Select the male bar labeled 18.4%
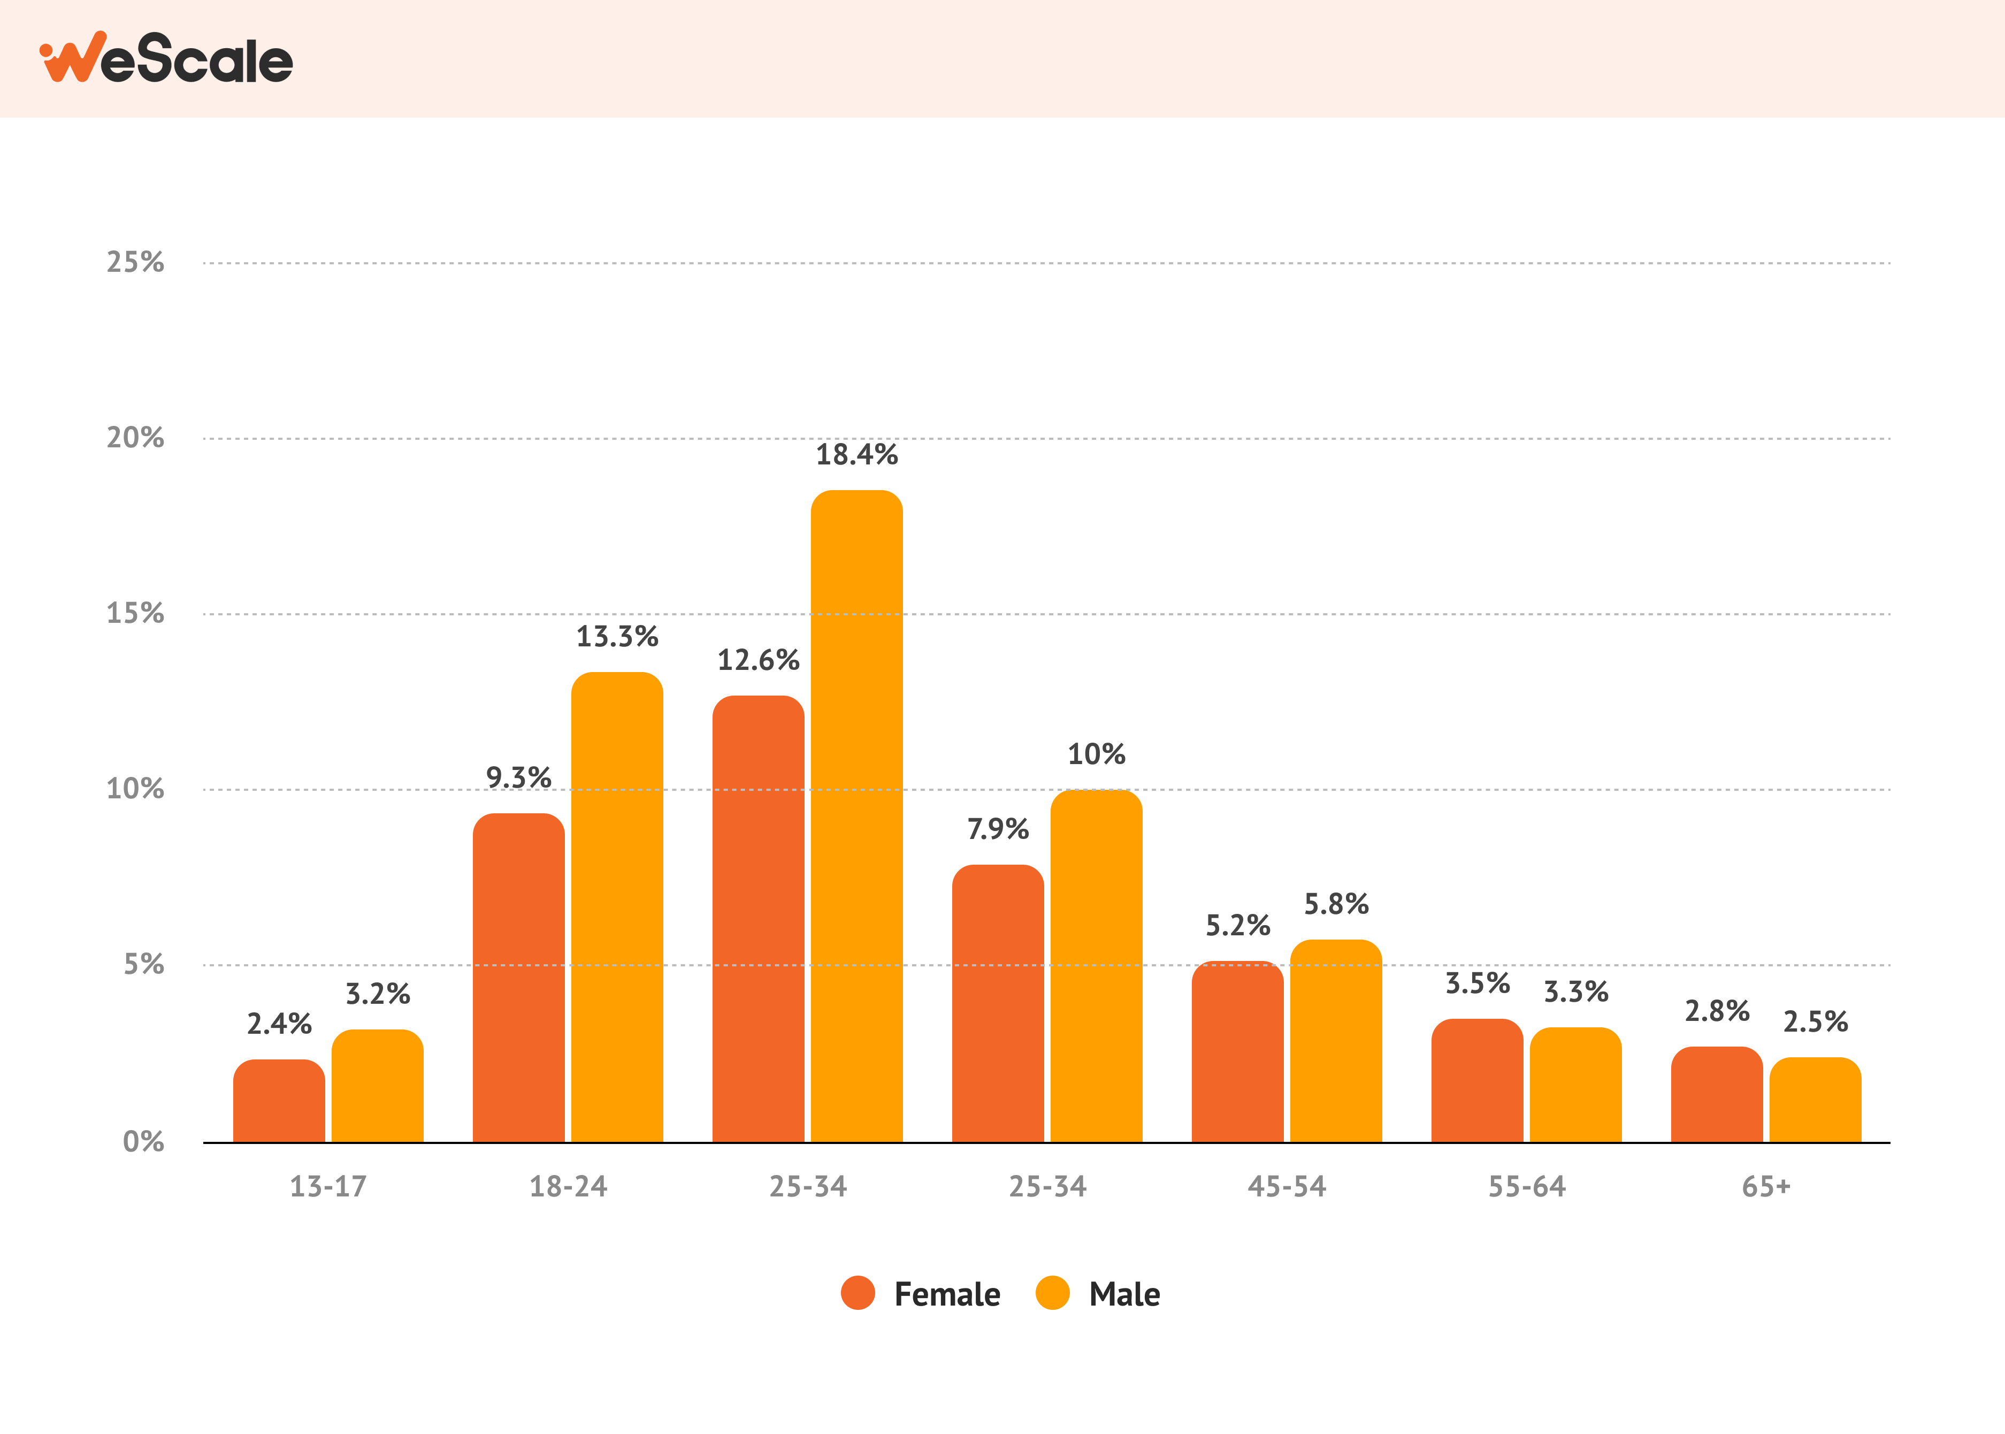[856, 817]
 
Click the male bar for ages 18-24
[617, 907]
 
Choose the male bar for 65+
[1815, 1100]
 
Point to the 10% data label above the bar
[1097, 754]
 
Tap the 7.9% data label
[998, 829]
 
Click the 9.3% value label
[518, 778]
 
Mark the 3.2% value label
[377, 994]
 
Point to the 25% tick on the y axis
[135, 262]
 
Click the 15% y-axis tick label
[135, 613]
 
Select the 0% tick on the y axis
[143, 1142]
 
